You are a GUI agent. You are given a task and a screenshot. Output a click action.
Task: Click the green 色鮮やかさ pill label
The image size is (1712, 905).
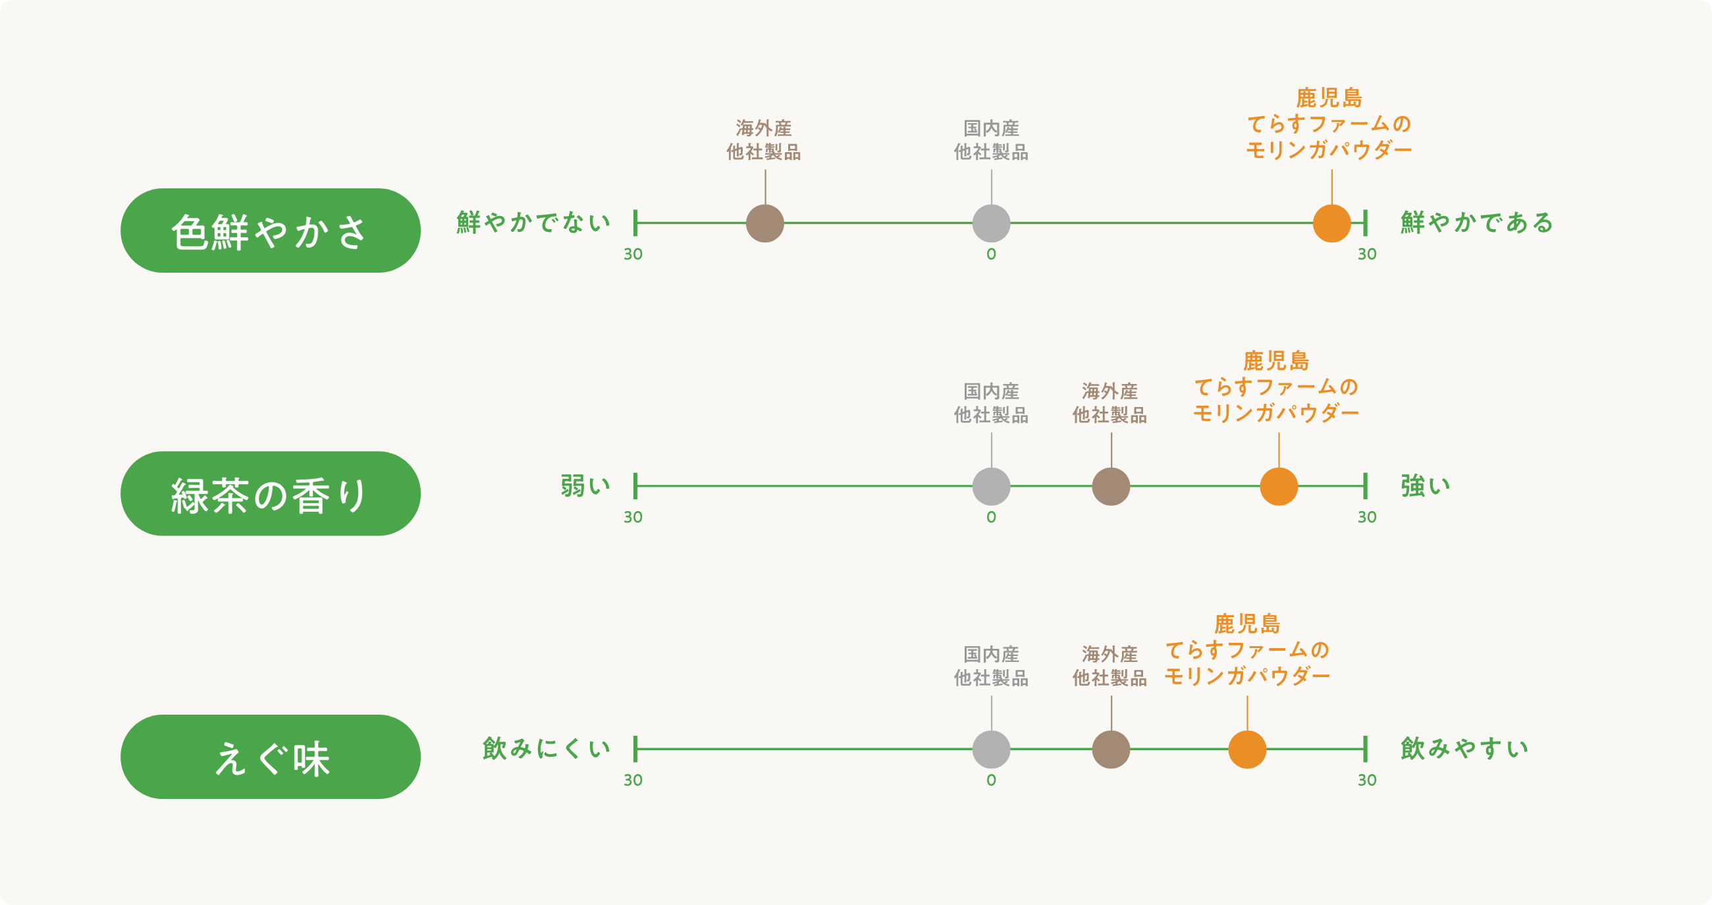[x=270, y=231]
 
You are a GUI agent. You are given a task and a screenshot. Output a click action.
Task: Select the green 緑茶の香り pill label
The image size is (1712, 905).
[x=270, y=493]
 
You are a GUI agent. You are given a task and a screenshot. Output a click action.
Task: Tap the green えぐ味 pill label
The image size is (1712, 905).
[x=270, y=757]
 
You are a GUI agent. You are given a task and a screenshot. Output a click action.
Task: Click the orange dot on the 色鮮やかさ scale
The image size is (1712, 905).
[x=1332, y=223]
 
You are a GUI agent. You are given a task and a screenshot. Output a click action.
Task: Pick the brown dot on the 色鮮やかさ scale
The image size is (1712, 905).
[x=765, y=223]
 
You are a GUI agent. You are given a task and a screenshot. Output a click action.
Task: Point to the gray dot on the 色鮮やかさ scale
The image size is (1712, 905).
[x=991, y=223]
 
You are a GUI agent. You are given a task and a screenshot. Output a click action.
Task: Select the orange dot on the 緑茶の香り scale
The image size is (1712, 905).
[x=1279, y=486]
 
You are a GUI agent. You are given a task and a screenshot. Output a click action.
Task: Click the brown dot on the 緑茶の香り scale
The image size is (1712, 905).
[x=1111, y=486]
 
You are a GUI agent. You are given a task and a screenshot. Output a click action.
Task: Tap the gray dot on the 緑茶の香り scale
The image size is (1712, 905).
[x=991, y=486]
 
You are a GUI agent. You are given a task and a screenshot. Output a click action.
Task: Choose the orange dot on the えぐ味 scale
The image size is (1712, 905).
[x=1246, y=750]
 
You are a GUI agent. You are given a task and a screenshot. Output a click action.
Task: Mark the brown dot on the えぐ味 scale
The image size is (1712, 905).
[x=1111, y=750]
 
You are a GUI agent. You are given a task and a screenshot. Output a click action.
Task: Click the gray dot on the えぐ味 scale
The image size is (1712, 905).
[x=991, y=750]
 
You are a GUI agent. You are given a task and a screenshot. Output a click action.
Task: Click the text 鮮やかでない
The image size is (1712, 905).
[x=533, y=223]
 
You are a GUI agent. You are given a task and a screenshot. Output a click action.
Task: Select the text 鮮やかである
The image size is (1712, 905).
[x=1477, y=223]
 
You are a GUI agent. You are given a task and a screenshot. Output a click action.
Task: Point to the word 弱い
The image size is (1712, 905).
[x=585, y=486]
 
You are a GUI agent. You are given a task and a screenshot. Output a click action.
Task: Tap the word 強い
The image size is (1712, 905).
[x=1426, y=486]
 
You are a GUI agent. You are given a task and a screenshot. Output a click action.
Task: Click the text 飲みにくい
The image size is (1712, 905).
[x=547, y=749]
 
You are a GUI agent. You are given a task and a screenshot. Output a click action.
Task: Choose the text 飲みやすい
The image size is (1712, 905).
[x=1464, y=749]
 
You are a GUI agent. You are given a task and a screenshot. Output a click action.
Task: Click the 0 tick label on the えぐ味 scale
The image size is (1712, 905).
[x=991, y=780]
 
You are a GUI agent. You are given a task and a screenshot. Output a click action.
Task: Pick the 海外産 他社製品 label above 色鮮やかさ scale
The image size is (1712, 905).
[x=764, y=140]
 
